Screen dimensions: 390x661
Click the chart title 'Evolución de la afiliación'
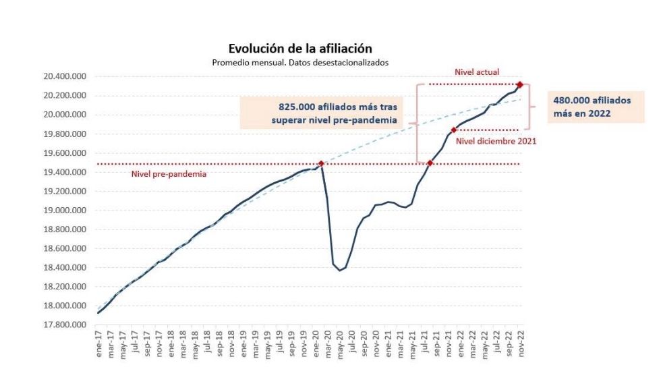click(x=300, y=49)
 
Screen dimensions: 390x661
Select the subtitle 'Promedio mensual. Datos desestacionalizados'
click(x=300, y=62)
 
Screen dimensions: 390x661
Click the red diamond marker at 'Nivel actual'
click(x=519, y=84)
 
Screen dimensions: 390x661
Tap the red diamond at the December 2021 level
click(x=453, y=130)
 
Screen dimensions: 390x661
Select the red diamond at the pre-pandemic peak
click(x=321, y=163)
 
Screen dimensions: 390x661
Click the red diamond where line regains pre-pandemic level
click(x=430, y=163)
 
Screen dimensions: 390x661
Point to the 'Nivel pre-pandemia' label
click(x=169, y=174)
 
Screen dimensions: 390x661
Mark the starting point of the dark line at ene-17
click(x=98, y=312)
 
